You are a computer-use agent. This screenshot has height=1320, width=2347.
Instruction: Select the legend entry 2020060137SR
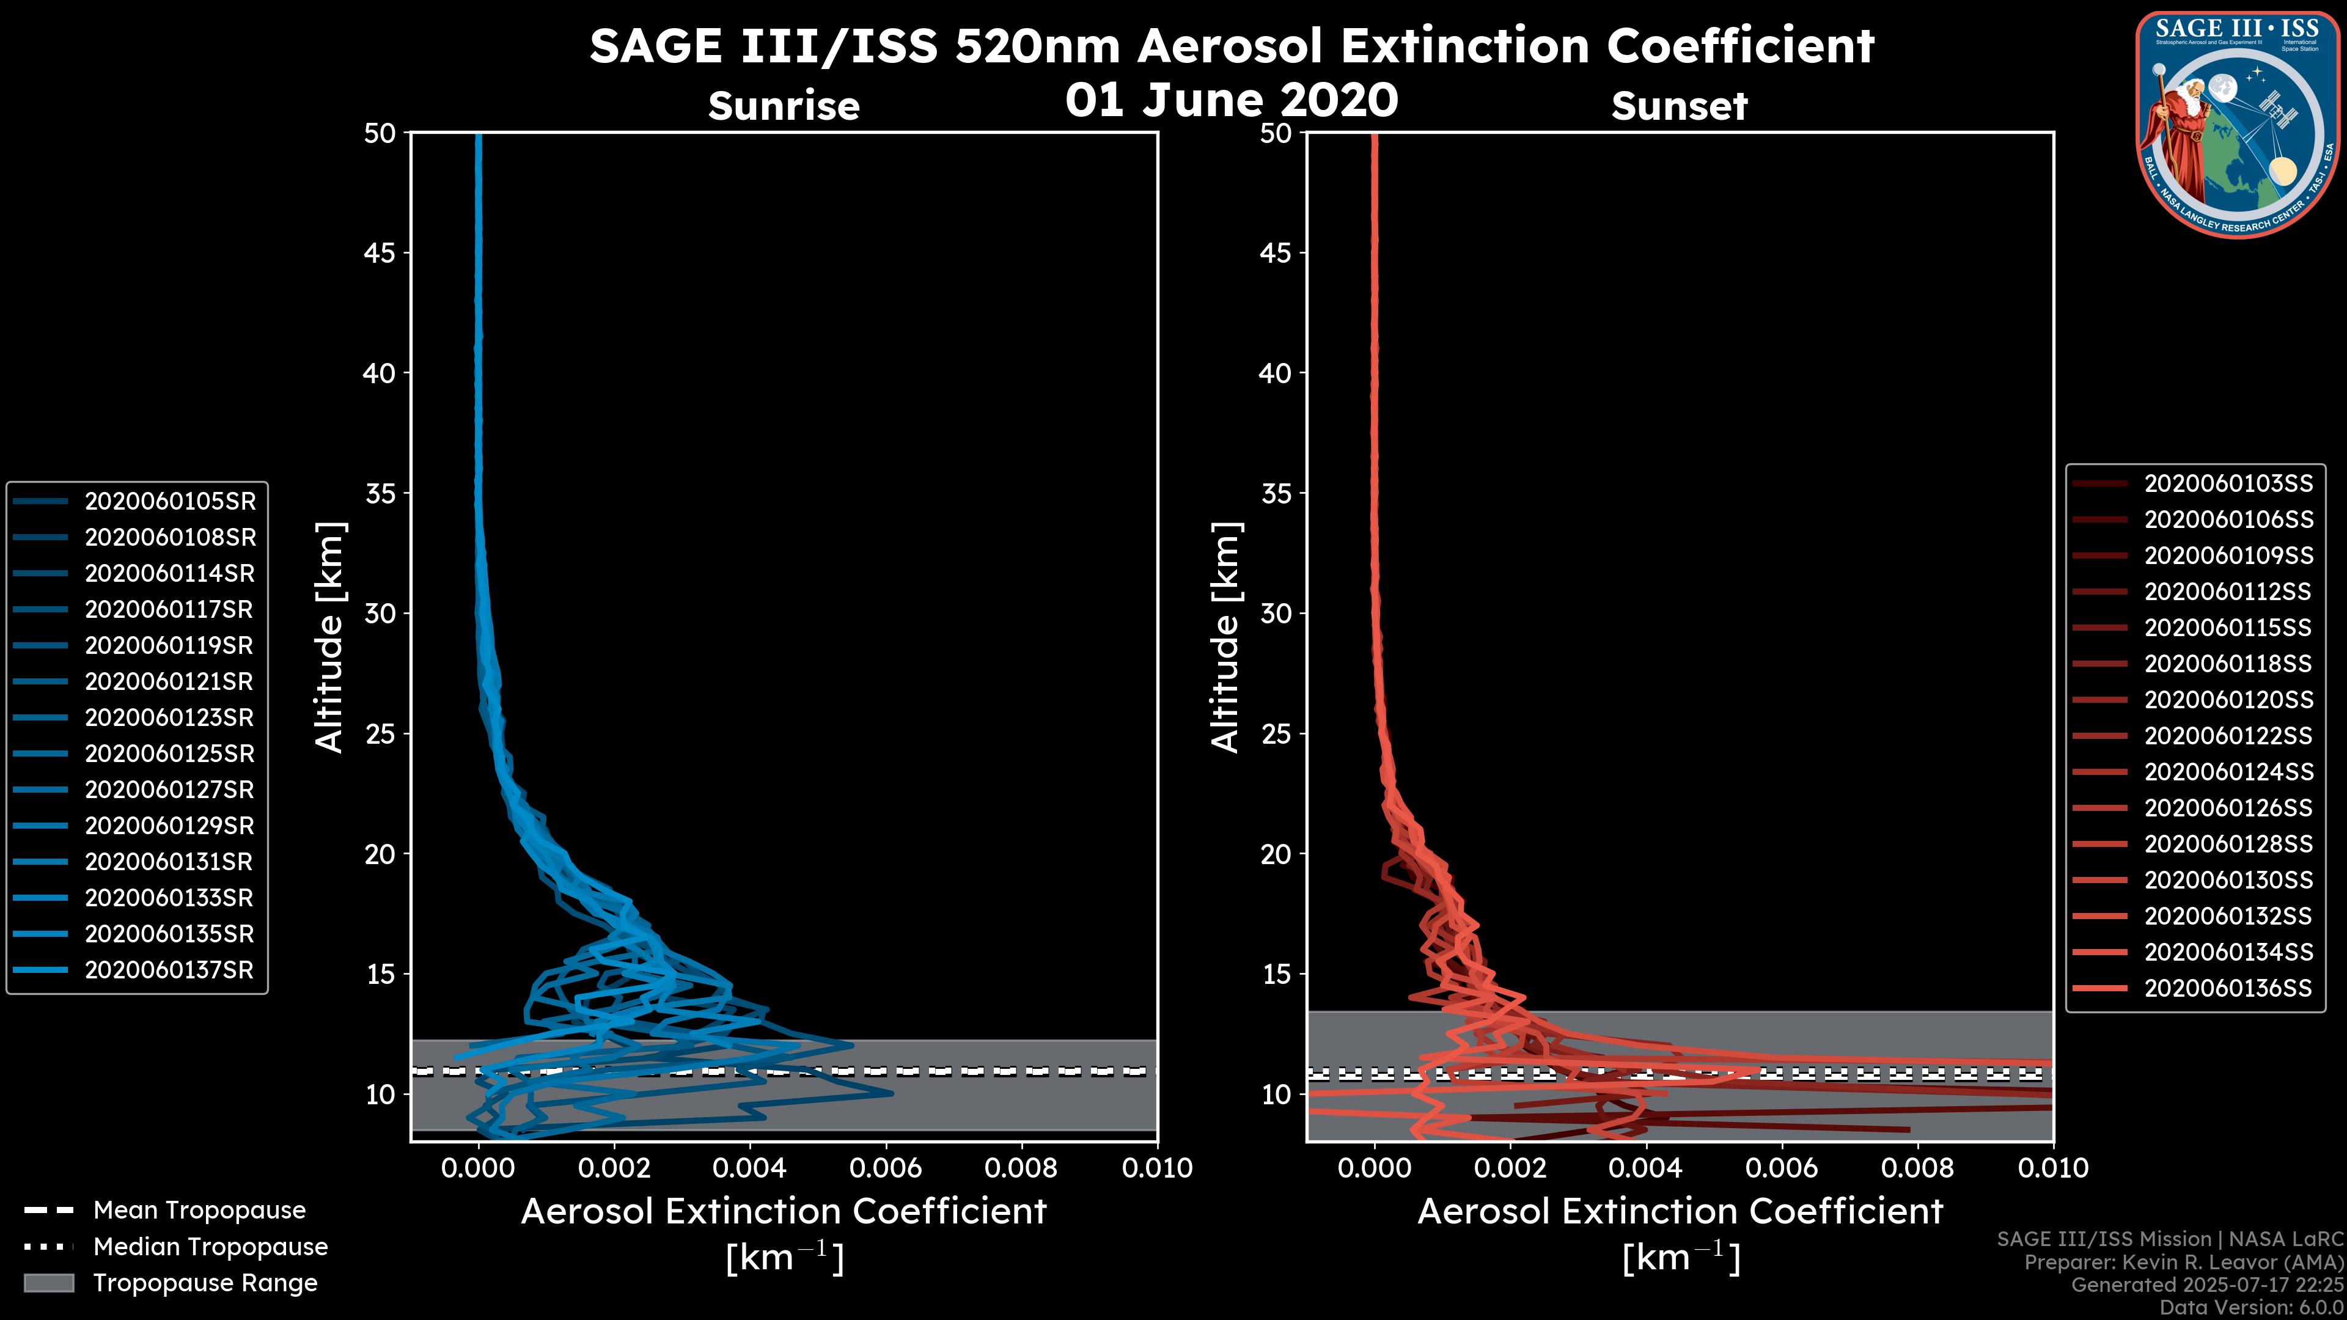pos(169,970)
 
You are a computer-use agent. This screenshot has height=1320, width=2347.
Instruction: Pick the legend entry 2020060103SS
pos(2228,483)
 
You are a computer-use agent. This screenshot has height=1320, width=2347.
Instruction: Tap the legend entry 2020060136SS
pos(2228,988)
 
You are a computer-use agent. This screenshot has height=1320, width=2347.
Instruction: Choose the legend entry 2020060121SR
pos(169,681)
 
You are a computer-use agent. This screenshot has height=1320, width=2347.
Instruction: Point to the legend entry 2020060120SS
pos(2228,700)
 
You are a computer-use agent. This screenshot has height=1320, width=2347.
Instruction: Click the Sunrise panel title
pos(784,106)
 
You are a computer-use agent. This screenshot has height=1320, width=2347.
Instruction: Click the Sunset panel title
pos(1679,106)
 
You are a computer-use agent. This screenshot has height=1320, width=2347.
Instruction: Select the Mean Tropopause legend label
pos(199,1211)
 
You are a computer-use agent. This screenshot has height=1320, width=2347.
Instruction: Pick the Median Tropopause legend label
pos(210,1247)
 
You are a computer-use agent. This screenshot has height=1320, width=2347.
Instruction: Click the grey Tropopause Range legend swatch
pos(49,1283)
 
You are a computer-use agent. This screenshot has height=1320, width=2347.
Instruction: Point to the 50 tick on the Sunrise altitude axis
pos(381,133)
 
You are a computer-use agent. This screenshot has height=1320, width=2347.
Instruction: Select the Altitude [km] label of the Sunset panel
pos(1225,637)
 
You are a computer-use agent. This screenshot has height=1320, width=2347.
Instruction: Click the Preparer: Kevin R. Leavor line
pos(2184,1263)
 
